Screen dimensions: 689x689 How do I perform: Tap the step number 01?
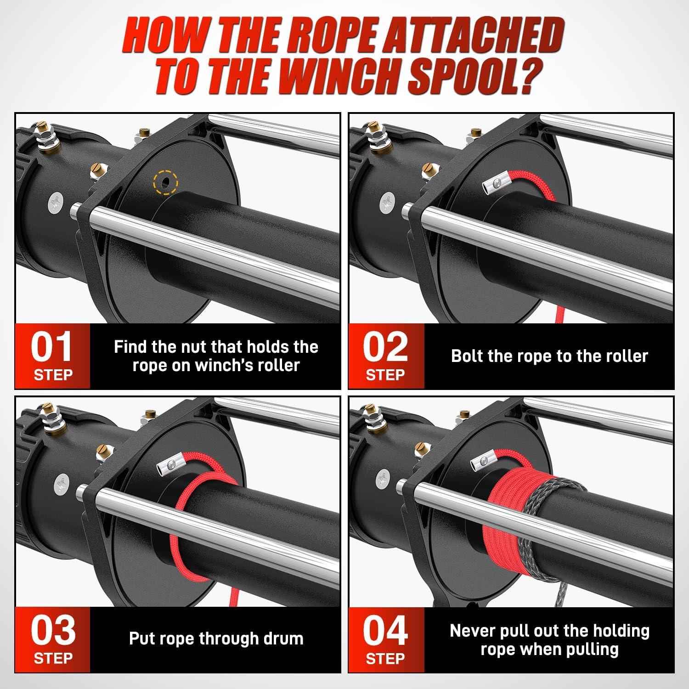tap(52, 347)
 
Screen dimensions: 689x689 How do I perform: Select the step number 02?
tap(385, 347)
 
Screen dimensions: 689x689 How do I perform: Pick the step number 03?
tap(53, 631)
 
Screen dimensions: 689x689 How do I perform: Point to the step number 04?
tap(385, 631)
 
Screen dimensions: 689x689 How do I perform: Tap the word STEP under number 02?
tap(385, 375)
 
